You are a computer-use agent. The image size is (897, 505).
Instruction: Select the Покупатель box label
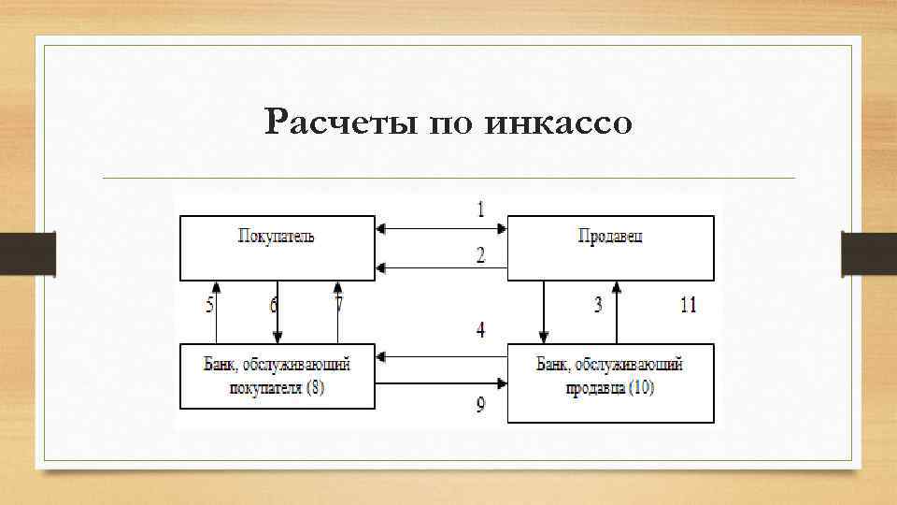tap(276, 237)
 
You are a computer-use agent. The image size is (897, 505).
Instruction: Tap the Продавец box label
tap(610, 237)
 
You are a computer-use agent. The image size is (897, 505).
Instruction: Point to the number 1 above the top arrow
tap(480, 209)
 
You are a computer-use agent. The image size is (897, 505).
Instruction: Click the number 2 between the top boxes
tap(480, 255)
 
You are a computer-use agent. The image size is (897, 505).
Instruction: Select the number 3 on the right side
tap(597, 305)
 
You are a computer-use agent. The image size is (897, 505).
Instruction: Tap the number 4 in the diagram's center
tap(480, 330)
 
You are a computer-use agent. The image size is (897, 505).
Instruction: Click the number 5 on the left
tap(209, 305)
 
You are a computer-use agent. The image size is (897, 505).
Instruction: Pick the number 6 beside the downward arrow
tap(274, 305)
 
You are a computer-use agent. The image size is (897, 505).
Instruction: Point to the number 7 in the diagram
tap(338, 305)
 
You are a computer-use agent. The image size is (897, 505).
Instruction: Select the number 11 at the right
tap(688, 305)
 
